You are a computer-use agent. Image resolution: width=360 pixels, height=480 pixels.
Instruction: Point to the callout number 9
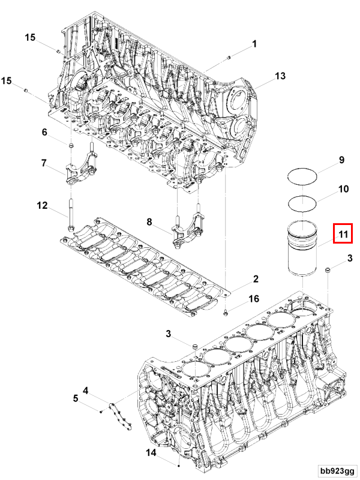coord(341,160)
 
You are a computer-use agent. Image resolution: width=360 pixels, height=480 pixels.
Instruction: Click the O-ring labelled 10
coord(302,203)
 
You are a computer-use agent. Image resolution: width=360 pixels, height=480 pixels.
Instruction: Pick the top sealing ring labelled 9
coord(302,175)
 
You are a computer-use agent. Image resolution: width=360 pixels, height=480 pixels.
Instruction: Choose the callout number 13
coord(280,76)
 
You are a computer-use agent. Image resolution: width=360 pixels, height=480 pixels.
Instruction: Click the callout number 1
coord(254,44)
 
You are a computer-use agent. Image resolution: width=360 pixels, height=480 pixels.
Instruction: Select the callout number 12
coord(42,206)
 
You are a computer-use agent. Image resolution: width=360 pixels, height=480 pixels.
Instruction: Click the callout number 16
coord(254,298)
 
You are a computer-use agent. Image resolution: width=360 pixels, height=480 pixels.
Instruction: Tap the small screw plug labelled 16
coord(224,312)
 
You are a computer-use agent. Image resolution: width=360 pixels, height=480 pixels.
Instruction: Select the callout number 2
coord(255,279)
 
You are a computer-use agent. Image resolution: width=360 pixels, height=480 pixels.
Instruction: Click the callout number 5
coord(76,398)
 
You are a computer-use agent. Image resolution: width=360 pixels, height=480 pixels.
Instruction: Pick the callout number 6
coord(44,133)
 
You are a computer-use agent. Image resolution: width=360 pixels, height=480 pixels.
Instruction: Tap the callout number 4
coord(86,391)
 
